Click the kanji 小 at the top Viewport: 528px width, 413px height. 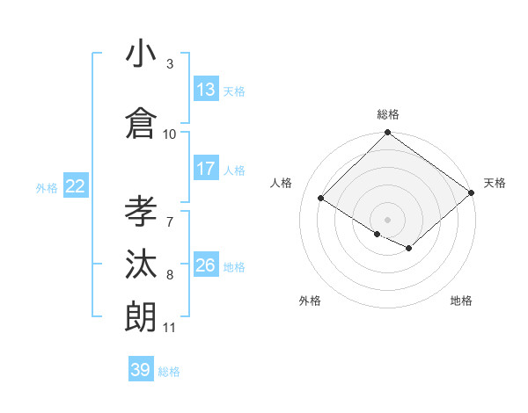(141, 54)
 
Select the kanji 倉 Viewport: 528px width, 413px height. (141, 123)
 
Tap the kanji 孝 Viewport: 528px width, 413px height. (141, 211)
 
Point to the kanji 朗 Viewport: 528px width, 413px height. (141, 316)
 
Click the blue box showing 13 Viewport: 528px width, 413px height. (206, 90)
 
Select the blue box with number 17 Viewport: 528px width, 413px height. (206, 169)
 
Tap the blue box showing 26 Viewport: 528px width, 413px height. (206, 265)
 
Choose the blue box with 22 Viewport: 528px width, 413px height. (76, 186)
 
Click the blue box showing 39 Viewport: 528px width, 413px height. (141, 370)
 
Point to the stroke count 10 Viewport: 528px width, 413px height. (170, 134)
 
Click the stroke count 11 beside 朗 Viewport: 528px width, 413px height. (170, 328)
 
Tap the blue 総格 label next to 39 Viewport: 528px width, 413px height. (170, 372)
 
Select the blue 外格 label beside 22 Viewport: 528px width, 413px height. (47, 187)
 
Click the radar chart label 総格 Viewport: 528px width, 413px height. (388, 114)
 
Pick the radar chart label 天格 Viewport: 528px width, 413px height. (495, 183)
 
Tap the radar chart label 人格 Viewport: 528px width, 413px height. (282, 183)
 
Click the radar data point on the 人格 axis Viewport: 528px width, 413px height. (321, 199)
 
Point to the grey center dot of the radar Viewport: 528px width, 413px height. (387, 219)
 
